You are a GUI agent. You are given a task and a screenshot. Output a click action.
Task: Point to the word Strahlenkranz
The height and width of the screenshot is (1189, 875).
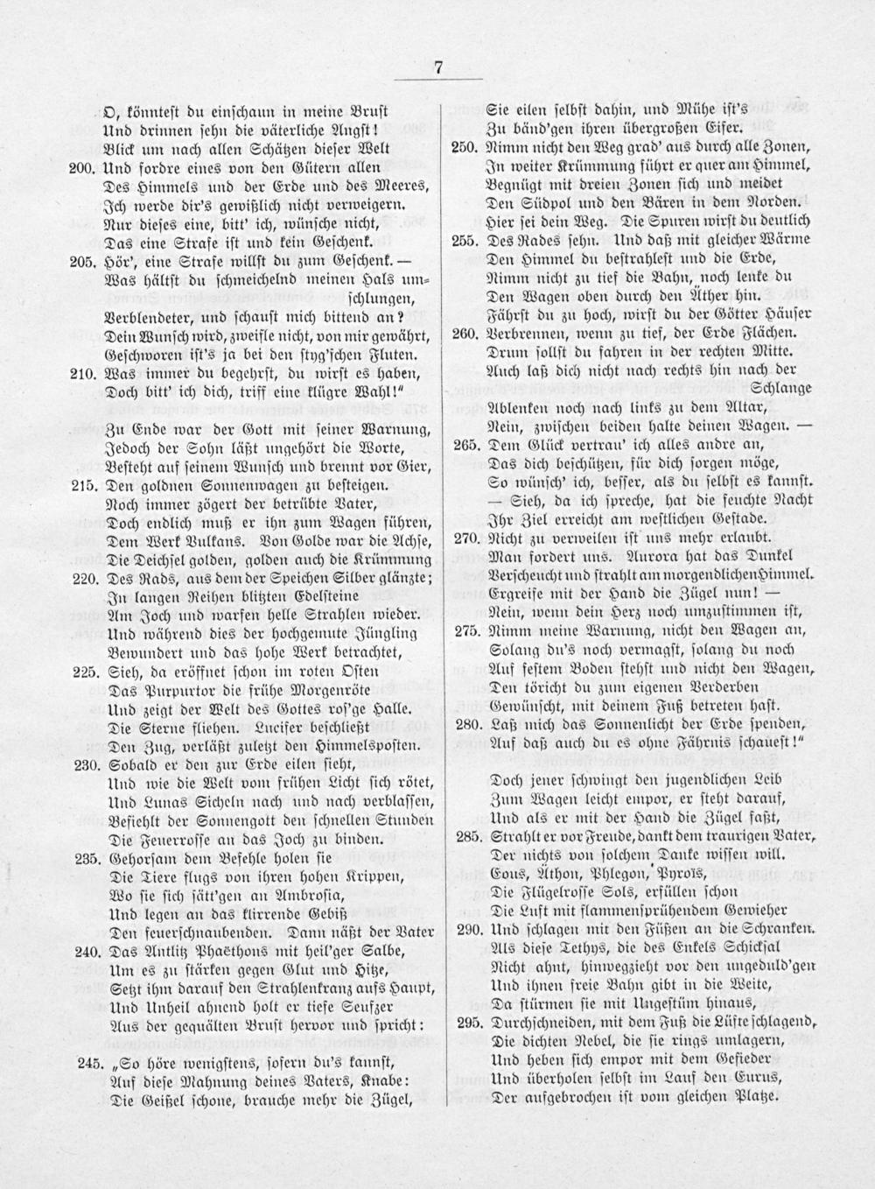pos(277,989)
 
